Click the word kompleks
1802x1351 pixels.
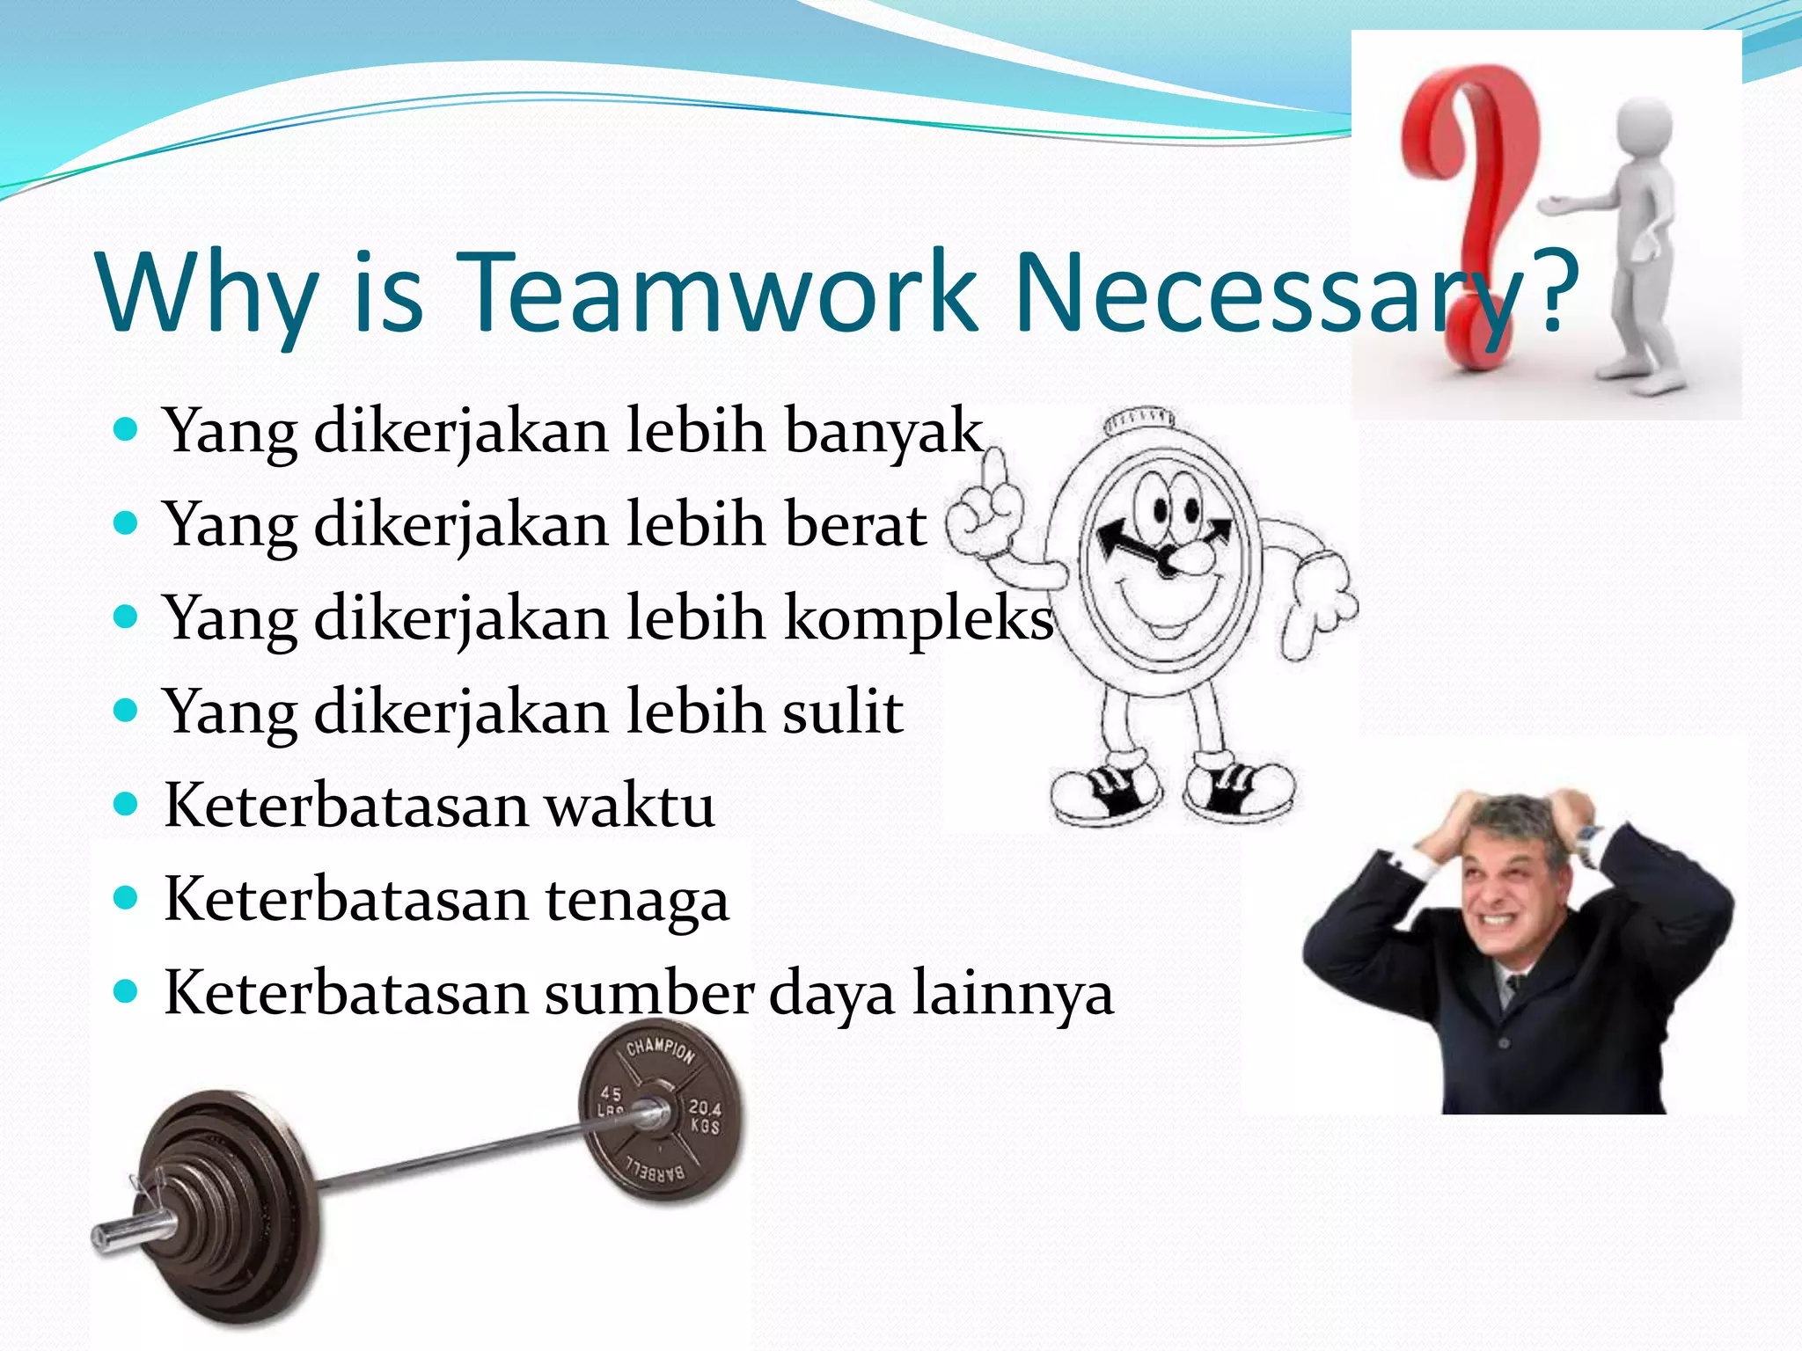918,619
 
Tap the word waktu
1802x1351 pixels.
629,806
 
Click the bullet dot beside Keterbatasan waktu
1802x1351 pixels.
127,805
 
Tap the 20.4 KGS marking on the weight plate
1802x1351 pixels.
704,1117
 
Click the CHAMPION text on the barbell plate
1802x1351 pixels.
660,1049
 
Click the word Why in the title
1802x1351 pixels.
208,292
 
